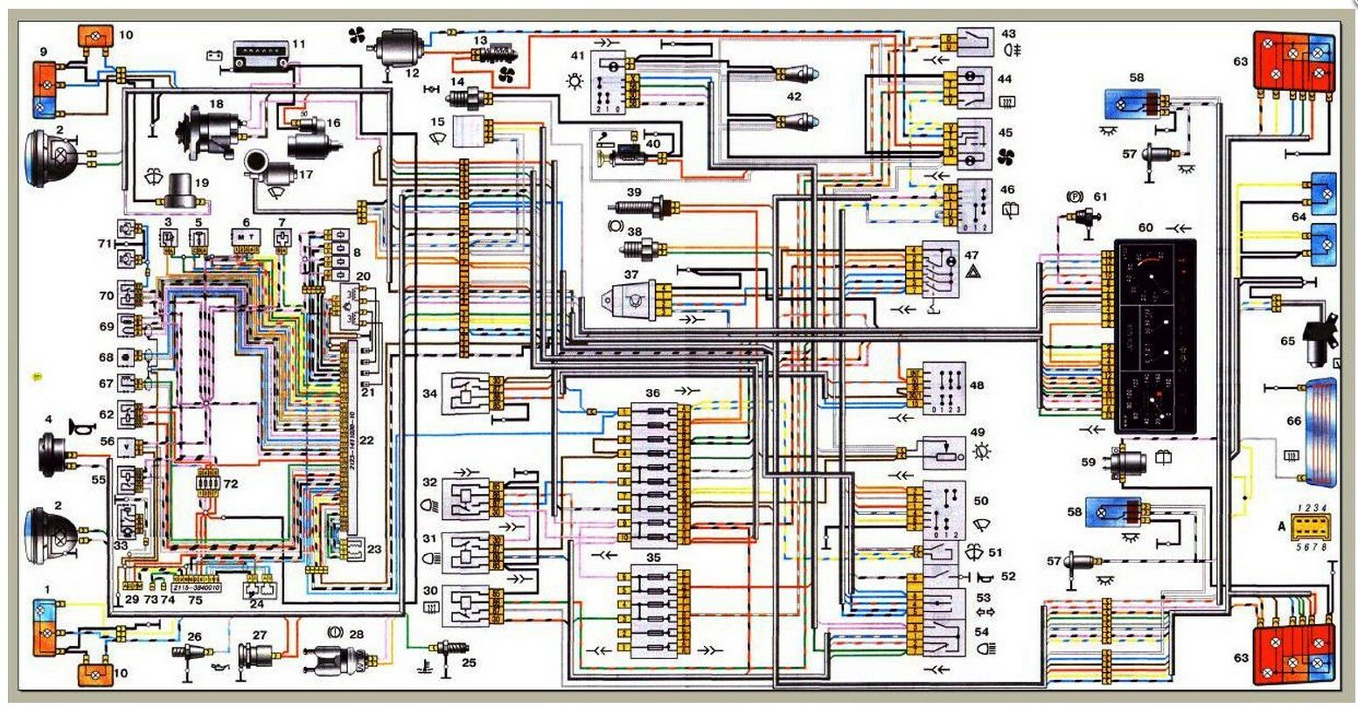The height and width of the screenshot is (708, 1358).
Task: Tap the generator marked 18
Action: pyautogui.click(x=207, y=133)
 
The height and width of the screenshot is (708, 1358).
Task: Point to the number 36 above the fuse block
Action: pyautogui.click(x=653, y=393)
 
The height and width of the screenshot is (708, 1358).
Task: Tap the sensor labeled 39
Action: pyautogui.click(x=645, y=208)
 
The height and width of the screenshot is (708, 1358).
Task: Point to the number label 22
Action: pyautogui.click(x=366, y=441)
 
